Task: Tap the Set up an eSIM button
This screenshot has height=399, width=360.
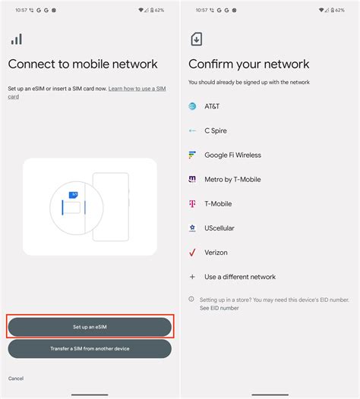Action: pos(90,327)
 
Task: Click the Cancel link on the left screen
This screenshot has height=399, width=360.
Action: pos(16,378)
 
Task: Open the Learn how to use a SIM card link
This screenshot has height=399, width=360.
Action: pos(137,90)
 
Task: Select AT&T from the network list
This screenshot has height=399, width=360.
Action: pos(212,107)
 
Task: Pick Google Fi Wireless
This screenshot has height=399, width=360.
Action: pos(232,156)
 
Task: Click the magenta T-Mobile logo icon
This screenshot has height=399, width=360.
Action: pos(193,204)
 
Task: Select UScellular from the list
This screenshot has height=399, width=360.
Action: pos(219,228)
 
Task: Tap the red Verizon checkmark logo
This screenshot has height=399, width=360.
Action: pos(193,253)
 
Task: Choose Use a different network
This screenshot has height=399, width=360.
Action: pos(240,277)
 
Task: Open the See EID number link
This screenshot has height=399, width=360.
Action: pos(219,308)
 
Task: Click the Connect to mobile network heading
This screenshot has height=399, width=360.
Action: pos(83,64)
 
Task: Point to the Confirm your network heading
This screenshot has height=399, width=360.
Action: pos(248,64)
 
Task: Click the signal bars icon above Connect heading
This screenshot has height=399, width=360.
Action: pos(17,39)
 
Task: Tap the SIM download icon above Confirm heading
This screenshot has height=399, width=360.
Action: pos(197,39)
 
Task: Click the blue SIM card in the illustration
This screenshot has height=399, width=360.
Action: pos(74,195)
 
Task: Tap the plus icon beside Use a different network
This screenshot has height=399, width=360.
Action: pos(193,277)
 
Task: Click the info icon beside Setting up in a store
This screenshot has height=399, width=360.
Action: pos(191,299)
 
